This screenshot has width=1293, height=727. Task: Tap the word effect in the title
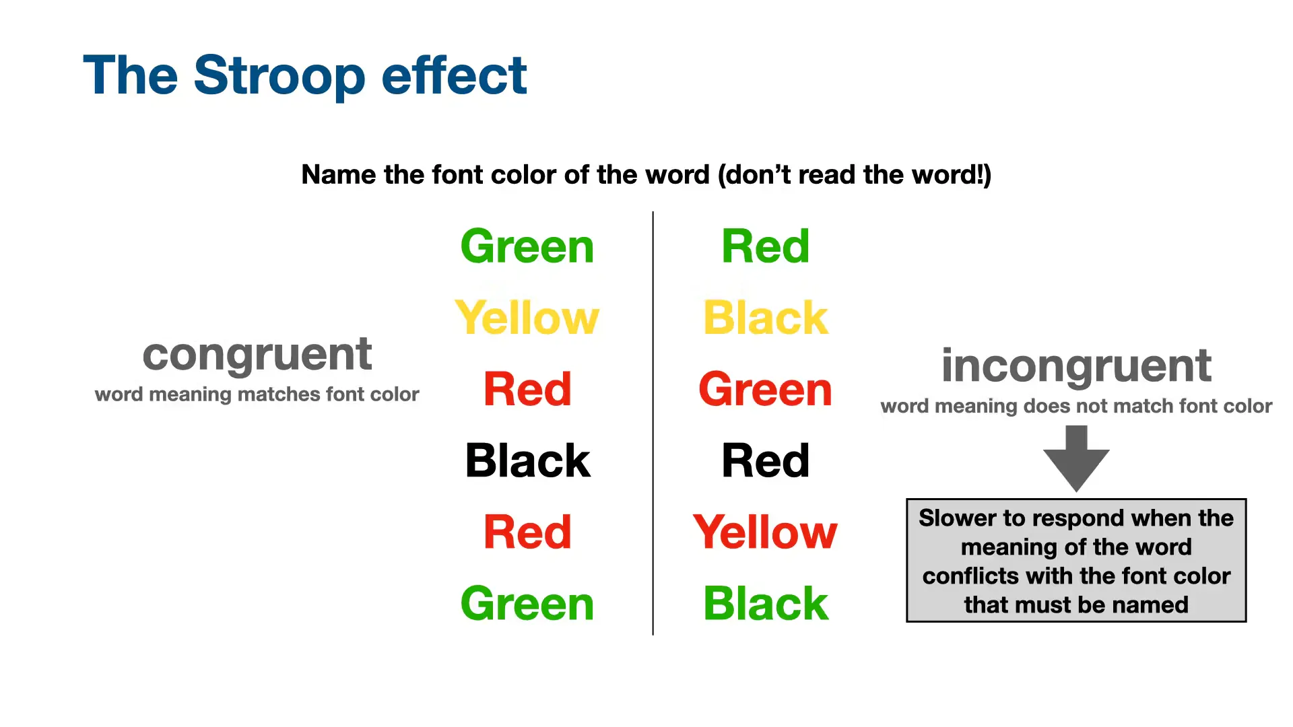point(454,75)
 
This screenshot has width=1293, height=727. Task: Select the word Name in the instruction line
point(339,175)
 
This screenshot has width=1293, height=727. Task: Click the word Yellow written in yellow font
point(527,318)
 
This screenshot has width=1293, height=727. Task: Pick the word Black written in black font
point(527,461)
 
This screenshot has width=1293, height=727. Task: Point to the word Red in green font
point(765,246)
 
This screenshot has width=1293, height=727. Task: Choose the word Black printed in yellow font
point(765,318)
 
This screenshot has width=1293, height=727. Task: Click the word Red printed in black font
point(765,461)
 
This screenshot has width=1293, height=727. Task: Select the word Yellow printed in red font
point(765,532)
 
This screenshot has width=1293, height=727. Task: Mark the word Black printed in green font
point(765,604)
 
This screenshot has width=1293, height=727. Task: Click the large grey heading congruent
point(257,355)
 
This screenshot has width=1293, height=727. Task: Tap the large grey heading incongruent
point(1076,366)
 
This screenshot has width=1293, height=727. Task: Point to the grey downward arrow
point(1076,458)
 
